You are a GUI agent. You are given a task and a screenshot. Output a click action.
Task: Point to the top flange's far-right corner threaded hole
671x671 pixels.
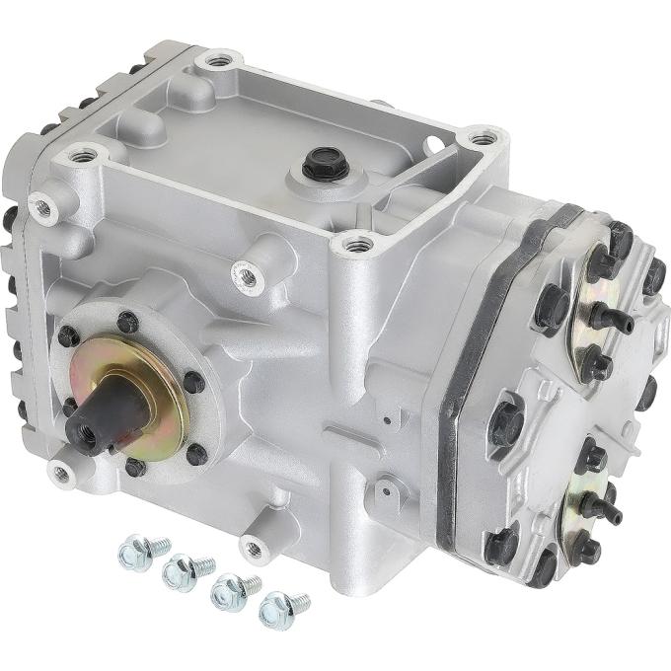(x=481, y=139)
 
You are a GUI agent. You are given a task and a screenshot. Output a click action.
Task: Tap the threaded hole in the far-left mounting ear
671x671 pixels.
(x=40, y=205)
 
